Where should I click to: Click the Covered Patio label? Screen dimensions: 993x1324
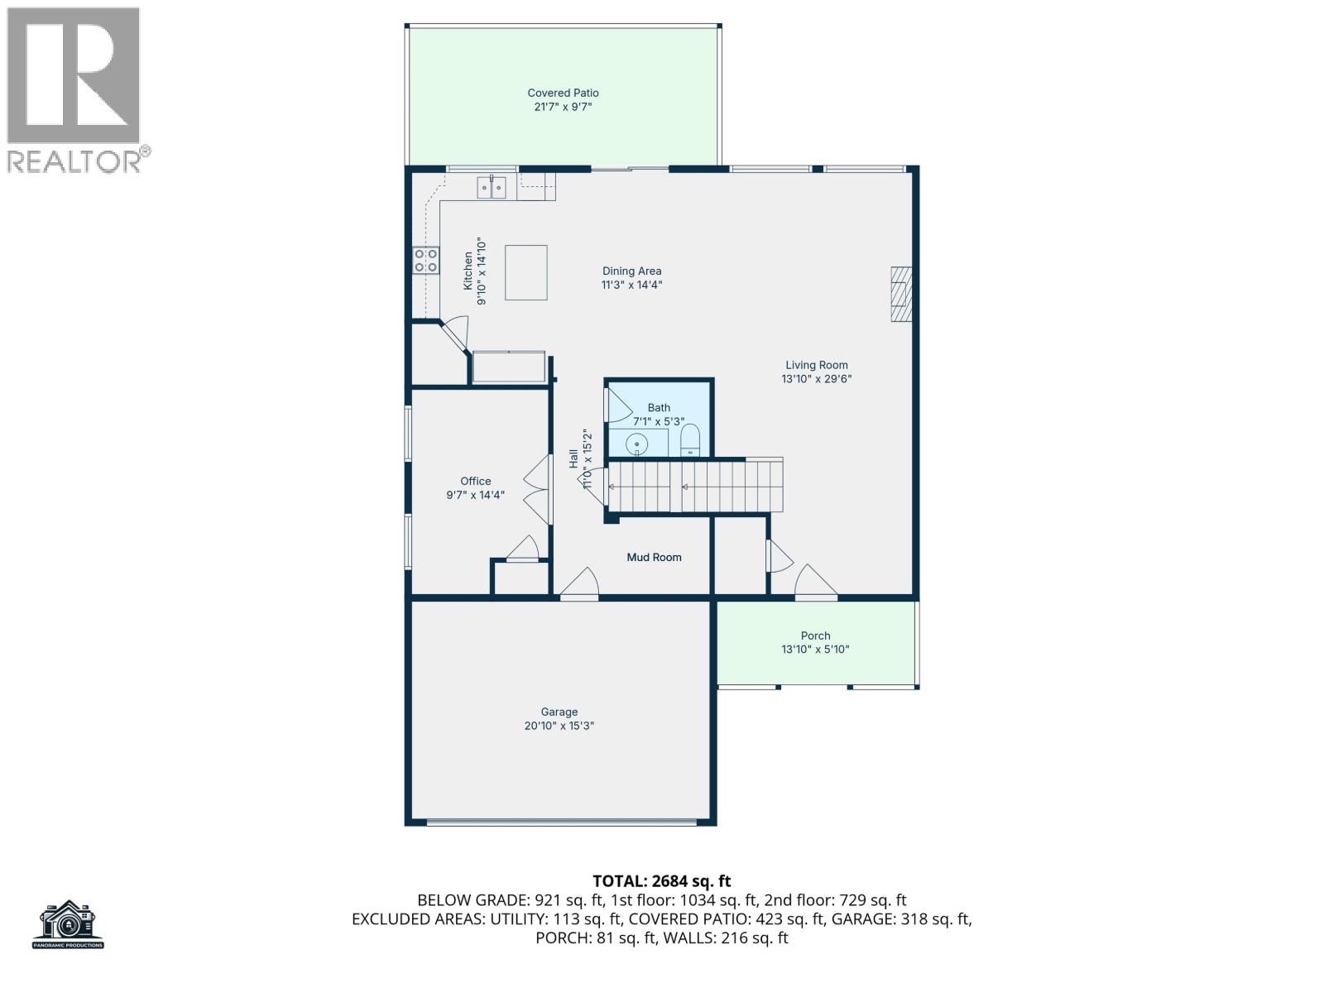[x=563, y=94]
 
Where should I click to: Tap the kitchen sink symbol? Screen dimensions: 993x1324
[x=492, y=188]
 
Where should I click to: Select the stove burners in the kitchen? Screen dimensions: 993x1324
[x=426, y=261]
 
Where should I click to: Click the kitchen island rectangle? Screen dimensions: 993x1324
[x=526, y=272]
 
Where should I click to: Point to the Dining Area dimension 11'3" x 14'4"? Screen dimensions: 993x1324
[x=631, y=285]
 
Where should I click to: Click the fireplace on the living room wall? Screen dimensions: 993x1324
[x=900, y=294]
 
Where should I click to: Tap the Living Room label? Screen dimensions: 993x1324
[x=816, y=365]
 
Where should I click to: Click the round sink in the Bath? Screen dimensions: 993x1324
[x=638, y=444]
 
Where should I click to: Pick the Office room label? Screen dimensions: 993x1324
[x=475, y=481]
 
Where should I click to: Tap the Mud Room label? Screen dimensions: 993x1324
[x=654, y=557]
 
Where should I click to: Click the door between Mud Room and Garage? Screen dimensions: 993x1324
[x=579, y=585]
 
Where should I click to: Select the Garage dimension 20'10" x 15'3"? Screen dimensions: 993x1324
[x=559, y=726]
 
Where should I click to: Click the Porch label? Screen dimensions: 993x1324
[x=815, y=636]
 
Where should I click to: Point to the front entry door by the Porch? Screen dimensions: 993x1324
[x=815, y=583]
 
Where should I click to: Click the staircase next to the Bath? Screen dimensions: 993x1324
[x=695, y=487]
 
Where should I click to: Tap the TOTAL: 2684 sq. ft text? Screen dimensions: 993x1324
[x=661, y=881]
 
